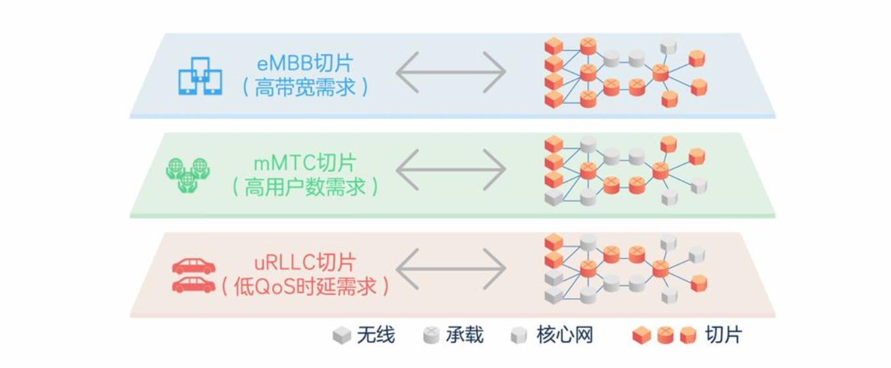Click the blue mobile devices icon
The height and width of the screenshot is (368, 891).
click(200, 76)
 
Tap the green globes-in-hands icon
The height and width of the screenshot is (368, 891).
click(187, 174)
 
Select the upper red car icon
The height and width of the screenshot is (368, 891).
click(194, 265)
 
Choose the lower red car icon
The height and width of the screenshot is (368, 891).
click(194, 284)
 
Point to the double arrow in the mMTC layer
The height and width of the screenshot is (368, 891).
click(451, 170)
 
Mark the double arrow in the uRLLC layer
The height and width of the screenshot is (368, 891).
click(451, 270)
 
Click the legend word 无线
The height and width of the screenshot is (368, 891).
click(376, 335)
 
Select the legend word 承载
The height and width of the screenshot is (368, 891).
click(465, 335)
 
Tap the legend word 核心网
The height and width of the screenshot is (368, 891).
click(565, 335)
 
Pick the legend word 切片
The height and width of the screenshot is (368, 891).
click(723, 335)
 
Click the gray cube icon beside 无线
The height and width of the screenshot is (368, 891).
click(341, 336)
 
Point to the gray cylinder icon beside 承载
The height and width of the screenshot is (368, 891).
click(430, 336)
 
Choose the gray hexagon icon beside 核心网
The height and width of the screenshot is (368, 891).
click(519, 336)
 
